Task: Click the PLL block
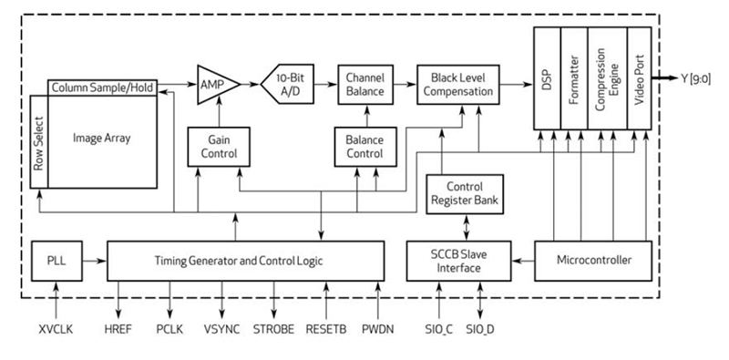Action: point(56,261)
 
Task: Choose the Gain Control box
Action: point(212,146)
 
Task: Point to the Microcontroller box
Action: point(593,261)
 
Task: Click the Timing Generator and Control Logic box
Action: point(245,261)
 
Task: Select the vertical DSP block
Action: point(545,78)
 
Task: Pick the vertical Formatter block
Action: point(573,78)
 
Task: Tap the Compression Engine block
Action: point(607,78)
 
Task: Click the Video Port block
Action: point(640,78)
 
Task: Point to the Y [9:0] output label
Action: point(699,78)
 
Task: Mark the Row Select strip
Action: point(38,141)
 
